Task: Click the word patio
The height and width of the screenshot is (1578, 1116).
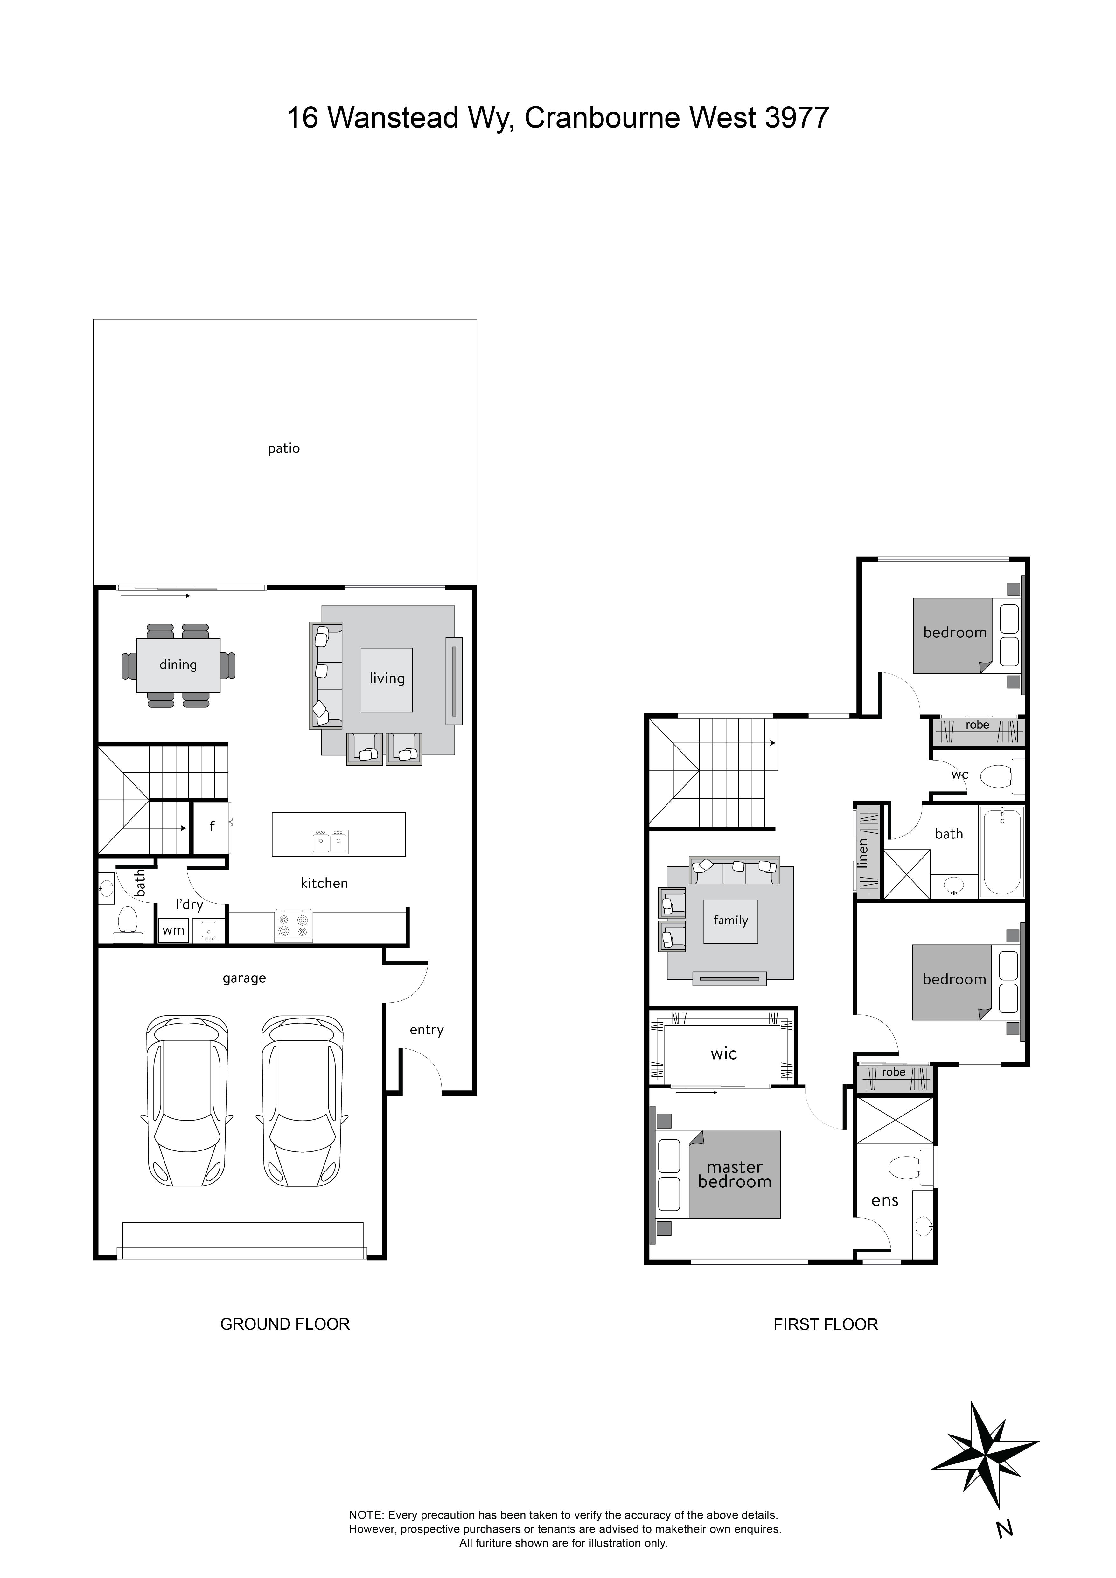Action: [x=284, y=449]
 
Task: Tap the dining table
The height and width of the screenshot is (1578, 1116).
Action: [x=178, y=665]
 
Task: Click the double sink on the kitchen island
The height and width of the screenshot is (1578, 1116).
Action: [x=330, y=841]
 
